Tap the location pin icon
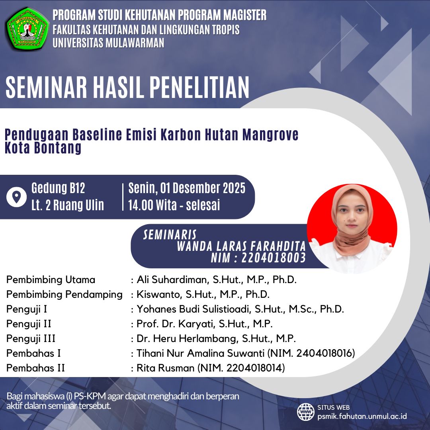point(16,197)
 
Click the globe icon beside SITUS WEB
point(305,412)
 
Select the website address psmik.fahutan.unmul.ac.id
point(362,416)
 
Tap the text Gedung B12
point(58,188)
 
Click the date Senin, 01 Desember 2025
point(187,188)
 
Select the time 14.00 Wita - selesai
point(174,205)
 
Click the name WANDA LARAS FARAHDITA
point(241,246)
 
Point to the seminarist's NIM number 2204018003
point(274,258)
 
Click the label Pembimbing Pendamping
point(64,295)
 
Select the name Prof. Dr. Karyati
point(176,324)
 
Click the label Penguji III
point(31,339)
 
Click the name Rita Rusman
point(166,368)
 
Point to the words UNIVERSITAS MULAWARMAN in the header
point(108,43)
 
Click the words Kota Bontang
point(43,148)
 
